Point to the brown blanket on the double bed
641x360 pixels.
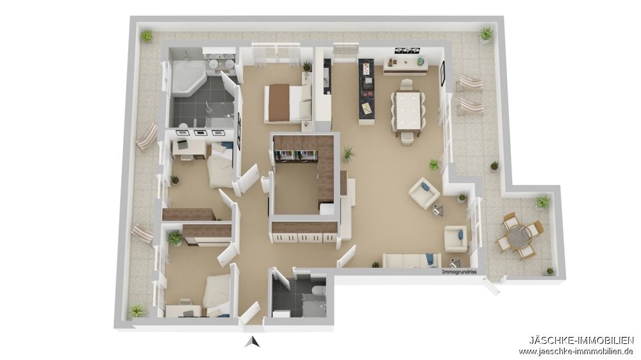click(278, 102)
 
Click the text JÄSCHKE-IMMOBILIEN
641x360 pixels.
click(581, 340)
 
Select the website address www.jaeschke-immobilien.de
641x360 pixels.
click(576, 351)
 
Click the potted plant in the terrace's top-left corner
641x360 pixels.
click(147, 36)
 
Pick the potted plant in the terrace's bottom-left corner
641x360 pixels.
click(137, 311)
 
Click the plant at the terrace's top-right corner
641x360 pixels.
click(487, 33)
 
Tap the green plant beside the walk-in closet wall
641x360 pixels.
click(348, 153)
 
